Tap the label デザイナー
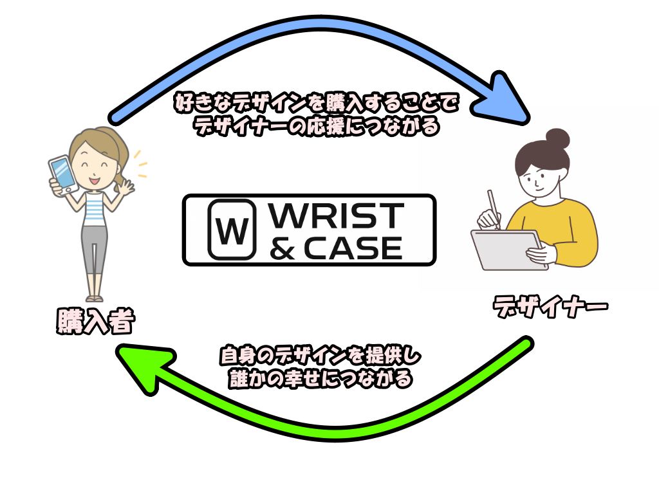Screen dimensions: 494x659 click(550, 307)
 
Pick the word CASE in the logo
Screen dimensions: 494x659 click(353, 247)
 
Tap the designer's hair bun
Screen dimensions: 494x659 click(557, 138)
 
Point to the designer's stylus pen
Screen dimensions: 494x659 click(494, 208)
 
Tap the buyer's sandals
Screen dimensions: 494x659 click(94, 298)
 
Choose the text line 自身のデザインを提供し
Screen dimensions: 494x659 click(320, 356)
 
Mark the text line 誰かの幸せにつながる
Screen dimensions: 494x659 click(320, 378)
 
